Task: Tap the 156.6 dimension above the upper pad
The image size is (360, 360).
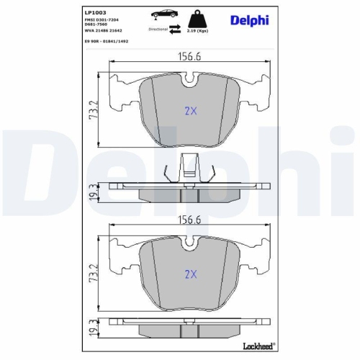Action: pos(189,60)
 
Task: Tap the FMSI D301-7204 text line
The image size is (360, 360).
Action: pos(105,21)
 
